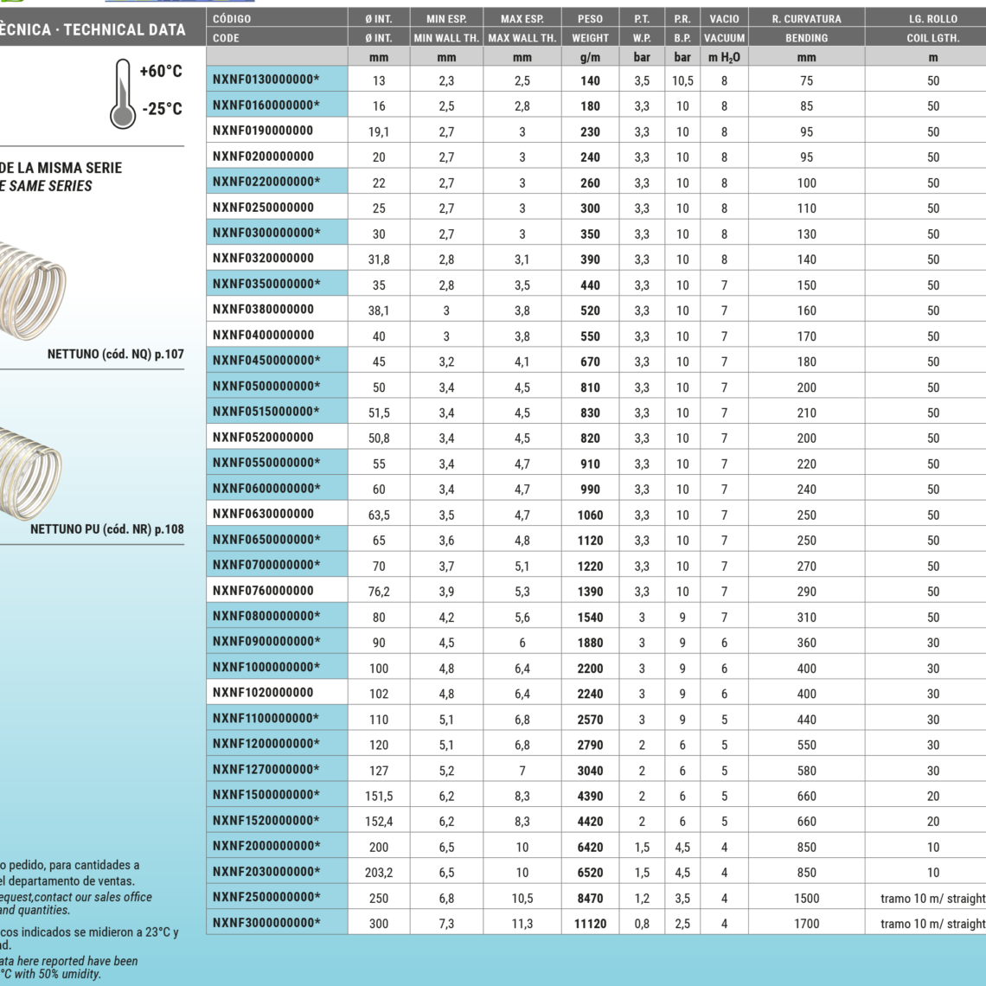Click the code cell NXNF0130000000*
point(266,80)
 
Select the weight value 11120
point(590,924)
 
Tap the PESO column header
point(590,18)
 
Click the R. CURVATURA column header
point(806,18)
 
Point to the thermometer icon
point(123,93)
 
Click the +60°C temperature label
point(161,71)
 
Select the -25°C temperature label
point(162,109)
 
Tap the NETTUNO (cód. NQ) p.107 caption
point(116,354)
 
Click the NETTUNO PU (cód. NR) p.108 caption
point(107,529)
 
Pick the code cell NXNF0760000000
point(263,591)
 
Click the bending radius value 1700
point(806,924)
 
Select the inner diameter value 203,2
point(379,873)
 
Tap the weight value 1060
point(590,515)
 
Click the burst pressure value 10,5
point(682,80)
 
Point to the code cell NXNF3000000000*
point(266,923)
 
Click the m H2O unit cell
point(724,57)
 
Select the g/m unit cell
point(590,57)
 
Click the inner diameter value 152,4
point(379,822)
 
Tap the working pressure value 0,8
point(642,924)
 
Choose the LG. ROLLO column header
point(932,18)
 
